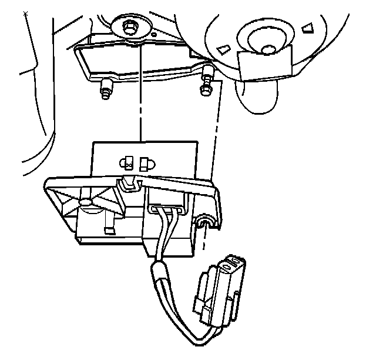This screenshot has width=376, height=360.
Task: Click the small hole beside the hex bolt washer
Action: point(154,35)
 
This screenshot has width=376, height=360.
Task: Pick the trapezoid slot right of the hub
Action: point(307,28)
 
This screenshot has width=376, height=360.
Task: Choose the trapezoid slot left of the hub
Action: point(221,49)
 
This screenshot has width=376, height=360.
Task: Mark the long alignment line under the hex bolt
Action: point(140,94)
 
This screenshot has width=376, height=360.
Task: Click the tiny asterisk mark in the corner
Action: point(25,12)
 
